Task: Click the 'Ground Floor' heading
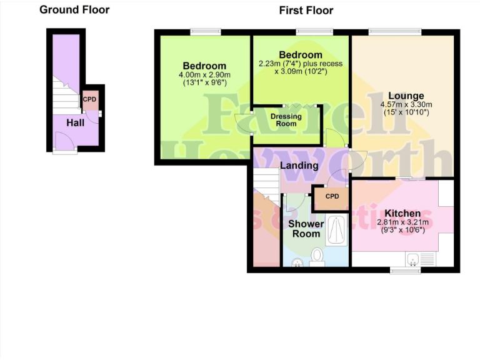(74, 9)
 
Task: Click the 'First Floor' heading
(306, 10)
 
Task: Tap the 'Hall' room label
(76, 123)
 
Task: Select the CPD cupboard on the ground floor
(89, 99)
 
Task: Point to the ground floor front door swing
(65, 142)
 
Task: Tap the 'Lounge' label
(406, 96)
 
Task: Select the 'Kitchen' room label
(402, 214)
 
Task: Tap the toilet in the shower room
(317, 256)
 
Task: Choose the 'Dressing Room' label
(286, 120)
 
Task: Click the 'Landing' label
(299, 166)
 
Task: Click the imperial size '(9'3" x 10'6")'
(402, 229)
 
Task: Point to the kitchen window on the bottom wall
(405, 271)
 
